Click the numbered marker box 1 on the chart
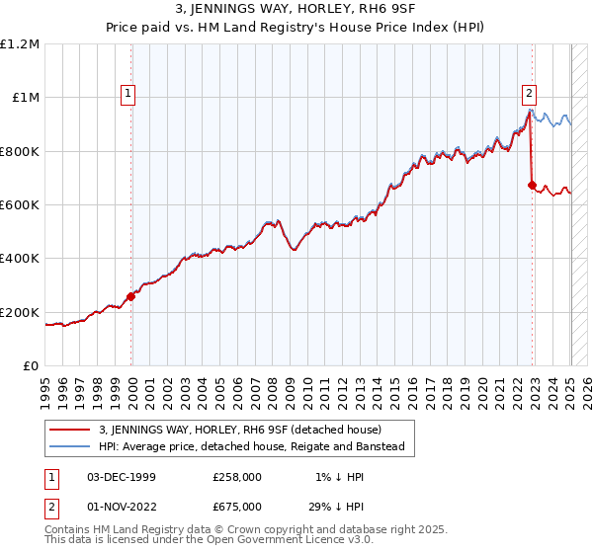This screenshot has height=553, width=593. tap(129, 95)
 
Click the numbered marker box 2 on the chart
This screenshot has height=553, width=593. tap(530, 95)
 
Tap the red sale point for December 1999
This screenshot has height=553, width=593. tap(130, 296)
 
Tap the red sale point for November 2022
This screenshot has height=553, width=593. tap(532, 185)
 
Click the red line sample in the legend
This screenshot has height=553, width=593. tap(69, 430)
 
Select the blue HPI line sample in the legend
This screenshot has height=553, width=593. tap(69, 447)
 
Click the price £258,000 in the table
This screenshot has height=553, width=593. tap(237, 477)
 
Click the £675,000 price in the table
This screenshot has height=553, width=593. tap(237, 505)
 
